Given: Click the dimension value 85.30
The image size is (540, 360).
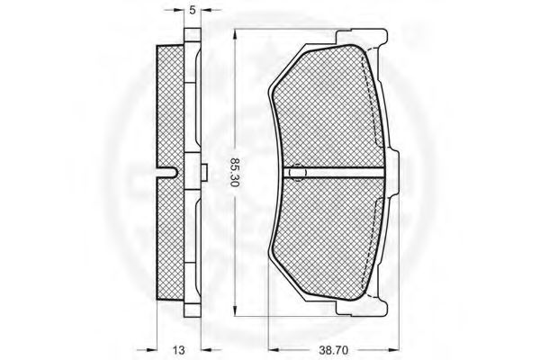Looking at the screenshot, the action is tap(235, 172).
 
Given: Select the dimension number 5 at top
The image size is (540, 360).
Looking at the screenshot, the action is tap(193, 10).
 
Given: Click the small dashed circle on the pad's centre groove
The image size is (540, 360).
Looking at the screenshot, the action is tap(296, 172).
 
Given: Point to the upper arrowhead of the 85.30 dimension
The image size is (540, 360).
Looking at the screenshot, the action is tap(235, 35).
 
